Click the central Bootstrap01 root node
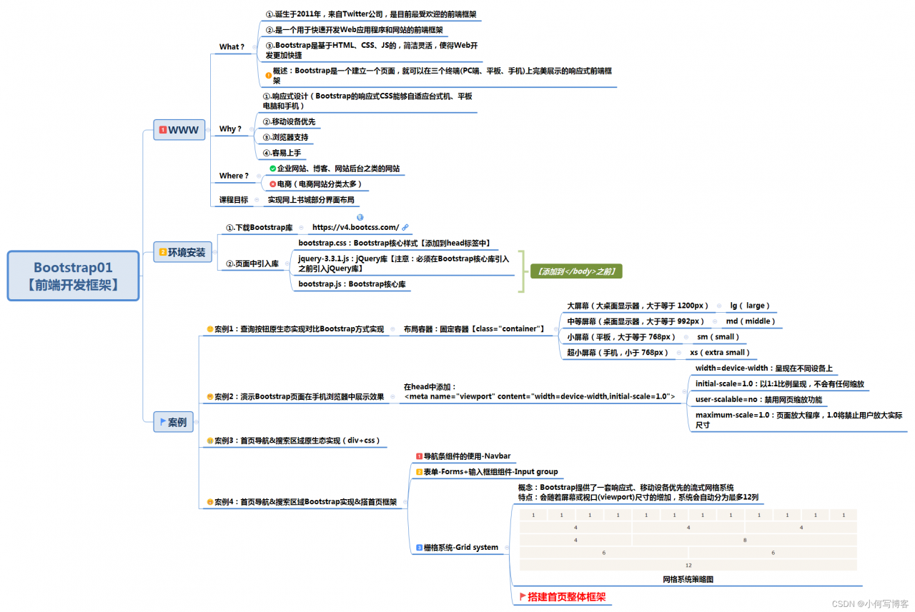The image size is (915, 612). coord(74,276)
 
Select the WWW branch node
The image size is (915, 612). coord(179,129)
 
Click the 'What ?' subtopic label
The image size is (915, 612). coord(232,46)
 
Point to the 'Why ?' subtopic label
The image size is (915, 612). coord(230,129)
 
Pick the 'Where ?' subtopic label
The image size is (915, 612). coord(234,175)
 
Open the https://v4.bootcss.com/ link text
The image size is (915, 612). coord(355,227)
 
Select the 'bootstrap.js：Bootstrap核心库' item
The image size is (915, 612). coord(355,284)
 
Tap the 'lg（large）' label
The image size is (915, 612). coord(749,306)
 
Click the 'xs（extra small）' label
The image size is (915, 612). coord(720,352)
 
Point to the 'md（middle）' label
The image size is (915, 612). coord(751,321)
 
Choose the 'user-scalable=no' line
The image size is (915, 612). coord(758,399)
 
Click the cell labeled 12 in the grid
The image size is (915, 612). coord(688,565)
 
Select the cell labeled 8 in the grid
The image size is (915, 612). coord(744,540)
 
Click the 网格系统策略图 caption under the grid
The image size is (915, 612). coord(688,579)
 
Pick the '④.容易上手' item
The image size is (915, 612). coord(282,152)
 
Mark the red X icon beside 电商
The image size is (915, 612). coord(272,184)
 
